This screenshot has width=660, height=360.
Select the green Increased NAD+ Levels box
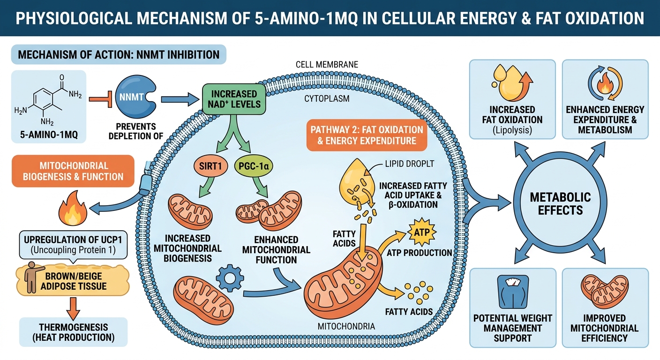[234, 99]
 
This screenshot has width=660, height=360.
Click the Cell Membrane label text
[327, 64]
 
